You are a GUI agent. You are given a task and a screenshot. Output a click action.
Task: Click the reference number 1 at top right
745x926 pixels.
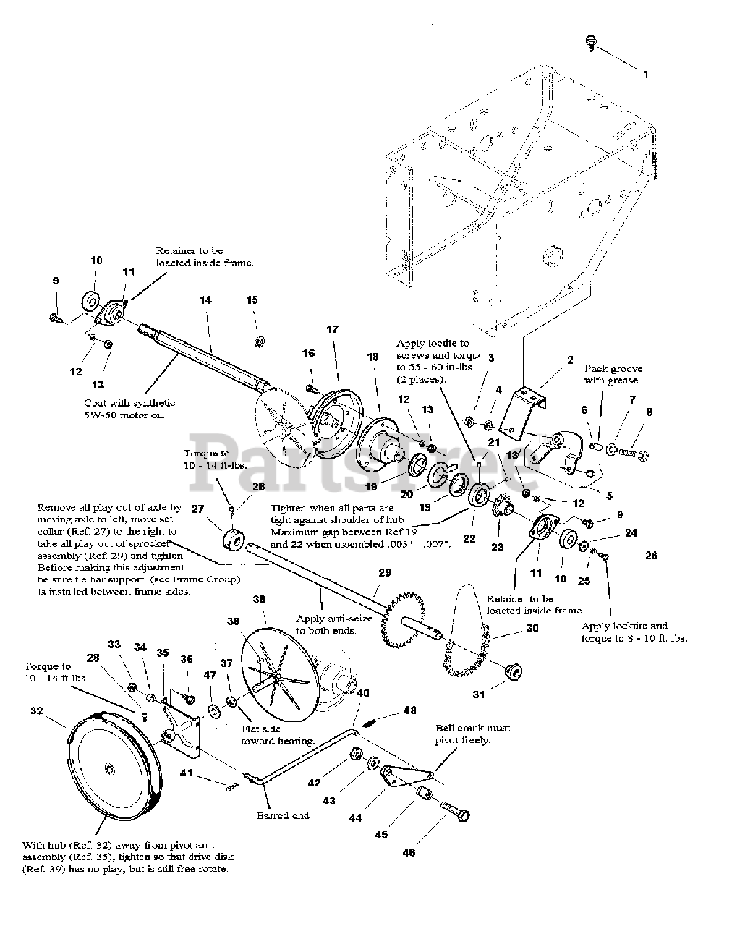tap(645, 74)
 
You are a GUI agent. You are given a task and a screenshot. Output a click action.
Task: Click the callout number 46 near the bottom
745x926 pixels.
tap(409, 853)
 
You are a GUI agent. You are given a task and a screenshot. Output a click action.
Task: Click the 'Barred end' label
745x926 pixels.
tap(282, 815)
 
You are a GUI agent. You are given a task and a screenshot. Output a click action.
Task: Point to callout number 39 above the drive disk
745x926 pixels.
tap(259, 600)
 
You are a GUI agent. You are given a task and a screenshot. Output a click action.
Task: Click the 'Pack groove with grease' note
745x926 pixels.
tap(613, 374)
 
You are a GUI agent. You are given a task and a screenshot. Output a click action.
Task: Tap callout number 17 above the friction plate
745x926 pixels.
tap(332, 329)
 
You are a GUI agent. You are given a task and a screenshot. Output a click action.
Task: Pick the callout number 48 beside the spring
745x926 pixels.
tap(410, 710)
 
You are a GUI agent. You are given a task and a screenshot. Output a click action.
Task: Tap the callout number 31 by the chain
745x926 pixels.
tap(478, 695)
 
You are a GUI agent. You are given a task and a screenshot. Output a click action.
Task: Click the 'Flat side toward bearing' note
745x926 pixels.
tap(277, 736)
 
